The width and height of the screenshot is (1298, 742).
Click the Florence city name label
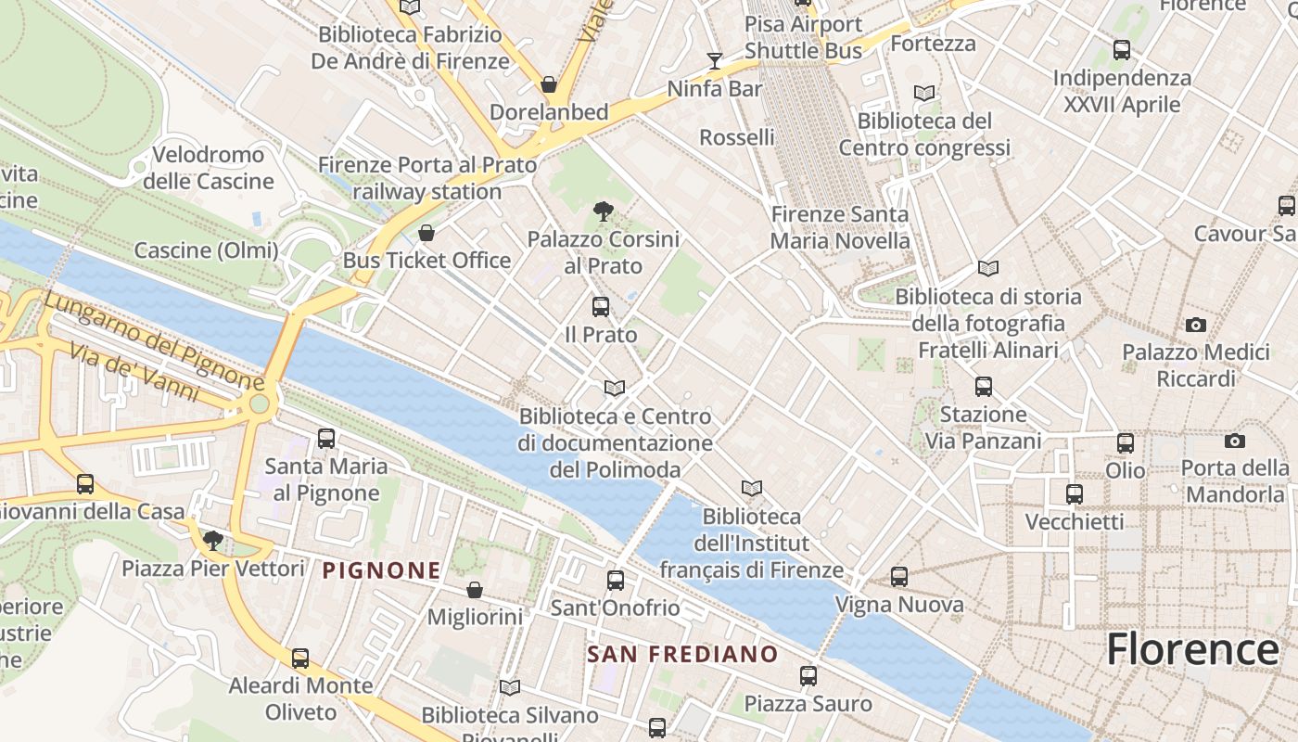tap(1192, 649)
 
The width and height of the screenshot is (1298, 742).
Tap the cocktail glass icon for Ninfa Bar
tap(714, 61)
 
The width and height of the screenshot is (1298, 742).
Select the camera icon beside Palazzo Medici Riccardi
tap(1196, 326)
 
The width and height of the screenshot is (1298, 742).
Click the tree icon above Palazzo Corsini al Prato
tap(603, 211)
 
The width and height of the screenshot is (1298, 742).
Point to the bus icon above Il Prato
tap(601, 307)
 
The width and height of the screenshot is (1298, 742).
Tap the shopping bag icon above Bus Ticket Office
tap(426, 233)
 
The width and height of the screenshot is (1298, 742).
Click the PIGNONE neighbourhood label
tap(381, 570)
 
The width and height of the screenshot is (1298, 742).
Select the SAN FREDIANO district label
tap(682, 654)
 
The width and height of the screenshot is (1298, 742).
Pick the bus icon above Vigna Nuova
tap(898, 577)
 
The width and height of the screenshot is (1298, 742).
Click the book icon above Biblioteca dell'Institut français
tap(751, 488)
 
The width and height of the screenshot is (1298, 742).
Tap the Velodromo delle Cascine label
tap(209, 167)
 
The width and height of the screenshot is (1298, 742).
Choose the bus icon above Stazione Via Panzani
tap(984, 387)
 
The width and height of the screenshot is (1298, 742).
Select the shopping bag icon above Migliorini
tap(474, 590)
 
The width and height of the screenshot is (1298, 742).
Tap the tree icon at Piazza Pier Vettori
tap(213, 540)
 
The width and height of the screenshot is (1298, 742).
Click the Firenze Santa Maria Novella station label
tap(840, 227)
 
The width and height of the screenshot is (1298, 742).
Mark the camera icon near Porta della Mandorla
tap(1234, 441)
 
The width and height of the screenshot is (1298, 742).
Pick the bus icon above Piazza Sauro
tap(808, 676)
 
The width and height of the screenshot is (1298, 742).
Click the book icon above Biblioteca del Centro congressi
tap(923, 94)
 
